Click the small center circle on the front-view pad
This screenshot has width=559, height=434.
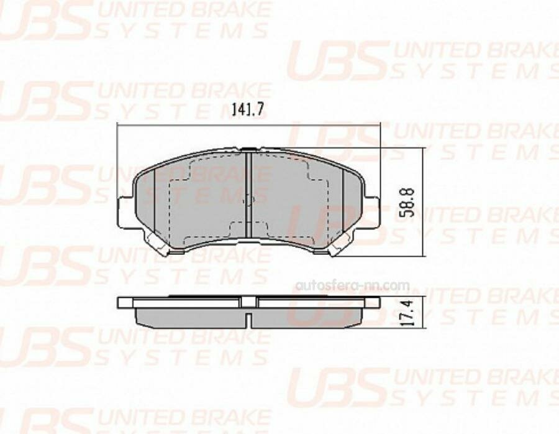pos(248,201)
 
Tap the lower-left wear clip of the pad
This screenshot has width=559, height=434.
pos(155,247)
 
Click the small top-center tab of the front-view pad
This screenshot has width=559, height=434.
pos(248,149)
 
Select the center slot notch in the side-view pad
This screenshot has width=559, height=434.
pos(248,321)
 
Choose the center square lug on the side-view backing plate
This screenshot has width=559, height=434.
pos(248,302)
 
